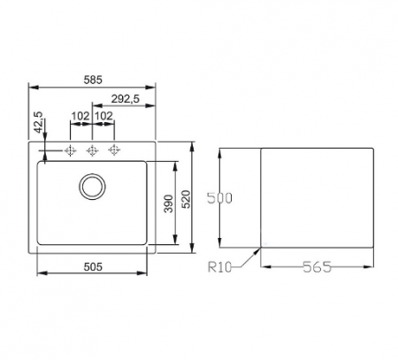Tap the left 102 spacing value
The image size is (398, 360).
coord(80,115)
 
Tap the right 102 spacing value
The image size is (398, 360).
coord(102,115)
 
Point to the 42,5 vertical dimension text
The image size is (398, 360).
coord(38,122)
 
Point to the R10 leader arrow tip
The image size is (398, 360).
coord(263,247)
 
